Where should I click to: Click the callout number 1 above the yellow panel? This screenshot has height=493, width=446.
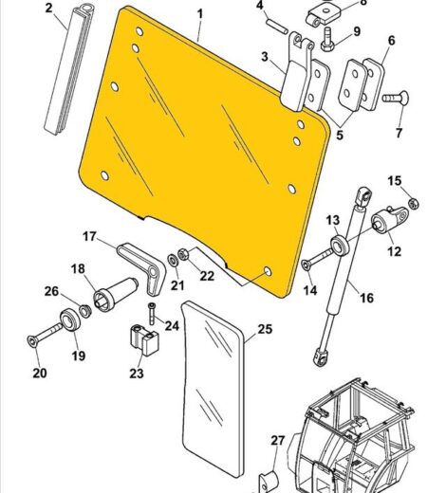(200, 14)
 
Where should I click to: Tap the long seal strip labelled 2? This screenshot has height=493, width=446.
(69, 69)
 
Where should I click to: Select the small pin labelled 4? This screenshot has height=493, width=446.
(278, 27)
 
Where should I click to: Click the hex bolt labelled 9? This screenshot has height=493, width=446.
(327, 40)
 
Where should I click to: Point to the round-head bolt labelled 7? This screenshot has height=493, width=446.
(396, 99)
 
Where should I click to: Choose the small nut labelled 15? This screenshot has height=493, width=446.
(413, 203)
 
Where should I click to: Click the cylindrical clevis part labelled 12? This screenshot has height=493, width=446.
(389, 220)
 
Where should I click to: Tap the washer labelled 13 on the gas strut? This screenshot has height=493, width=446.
(340, 246)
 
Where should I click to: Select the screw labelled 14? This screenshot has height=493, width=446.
(317, 260)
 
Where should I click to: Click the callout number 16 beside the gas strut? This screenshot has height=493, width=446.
(366, 298)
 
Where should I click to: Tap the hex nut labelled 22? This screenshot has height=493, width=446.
(183, 254)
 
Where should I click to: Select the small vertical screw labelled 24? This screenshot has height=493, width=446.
(152, 314)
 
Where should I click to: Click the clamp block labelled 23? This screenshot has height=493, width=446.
(144, 339)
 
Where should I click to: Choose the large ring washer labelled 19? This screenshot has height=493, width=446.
(70, 320)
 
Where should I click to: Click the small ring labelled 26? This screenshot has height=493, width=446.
(84, 311)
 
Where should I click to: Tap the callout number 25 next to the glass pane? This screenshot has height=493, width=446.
(265, 329)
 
